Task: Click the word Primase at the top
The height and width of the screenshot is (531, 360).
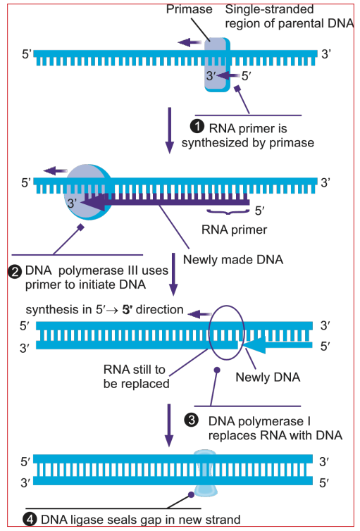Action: pyautogui.click(x=189, y=9)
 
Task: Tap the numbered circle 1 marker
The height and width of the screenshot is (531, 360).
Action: pyautogui.click(x=197, y=127)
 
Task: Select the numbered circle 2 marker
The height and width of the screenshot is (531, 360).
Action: pyautogui.click(x=15, y=272)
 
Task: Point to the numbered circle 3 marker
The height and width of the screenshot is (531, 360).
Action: pyautogui.click(x=191, y=420)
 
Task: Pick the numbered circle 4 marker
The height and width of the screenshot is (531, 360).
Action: pyautogui.click(x=30, y=519)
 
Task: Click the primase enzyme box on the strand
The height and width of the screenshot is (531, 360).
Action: pyautogui.click(x=217, y=64)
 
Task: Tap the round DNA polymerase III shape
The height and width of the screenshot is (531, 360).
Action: pyautogui.click(x=88, y=192)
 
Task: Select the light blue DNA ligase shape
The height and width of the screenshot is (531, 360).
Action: pyautogui.click(x=205, y=473)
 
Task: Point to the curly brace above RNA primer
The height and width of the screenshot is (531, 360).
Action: pyautogui.click(x=228, y=213)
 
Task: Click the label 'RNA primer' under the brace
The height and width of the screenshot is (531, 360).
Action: pyautogui.click(x=234, y=230)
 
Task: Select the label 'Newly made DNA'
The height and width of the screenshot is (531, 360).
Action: pyautogui.click(x=233, y=259)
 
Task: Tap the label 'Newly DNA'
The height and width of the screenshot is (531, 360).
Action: pyautogui.click(x=268, y=377)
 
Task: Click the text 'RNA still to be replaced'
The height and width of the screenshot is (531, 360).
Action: pyautogui.click(x=136, y=377)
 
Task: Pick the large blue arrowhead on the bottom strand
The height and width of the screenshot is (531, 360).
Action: pyautogui.click(x=254, y=344)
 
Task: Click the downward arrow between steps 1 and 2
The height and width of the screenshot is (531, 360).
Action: pyautogui.click(x=169, y=131)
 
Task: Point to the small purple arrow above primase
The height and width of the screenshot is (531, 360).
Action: pyautogui.click(x=190, y=42)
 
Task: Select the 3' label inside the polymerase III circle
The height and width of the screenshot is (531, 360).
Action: pyautogui.click(x=72, y=204)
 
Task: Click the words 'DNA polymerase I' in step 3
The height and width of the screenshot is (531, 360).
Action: pyautogui.click(x=259, y=421)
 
